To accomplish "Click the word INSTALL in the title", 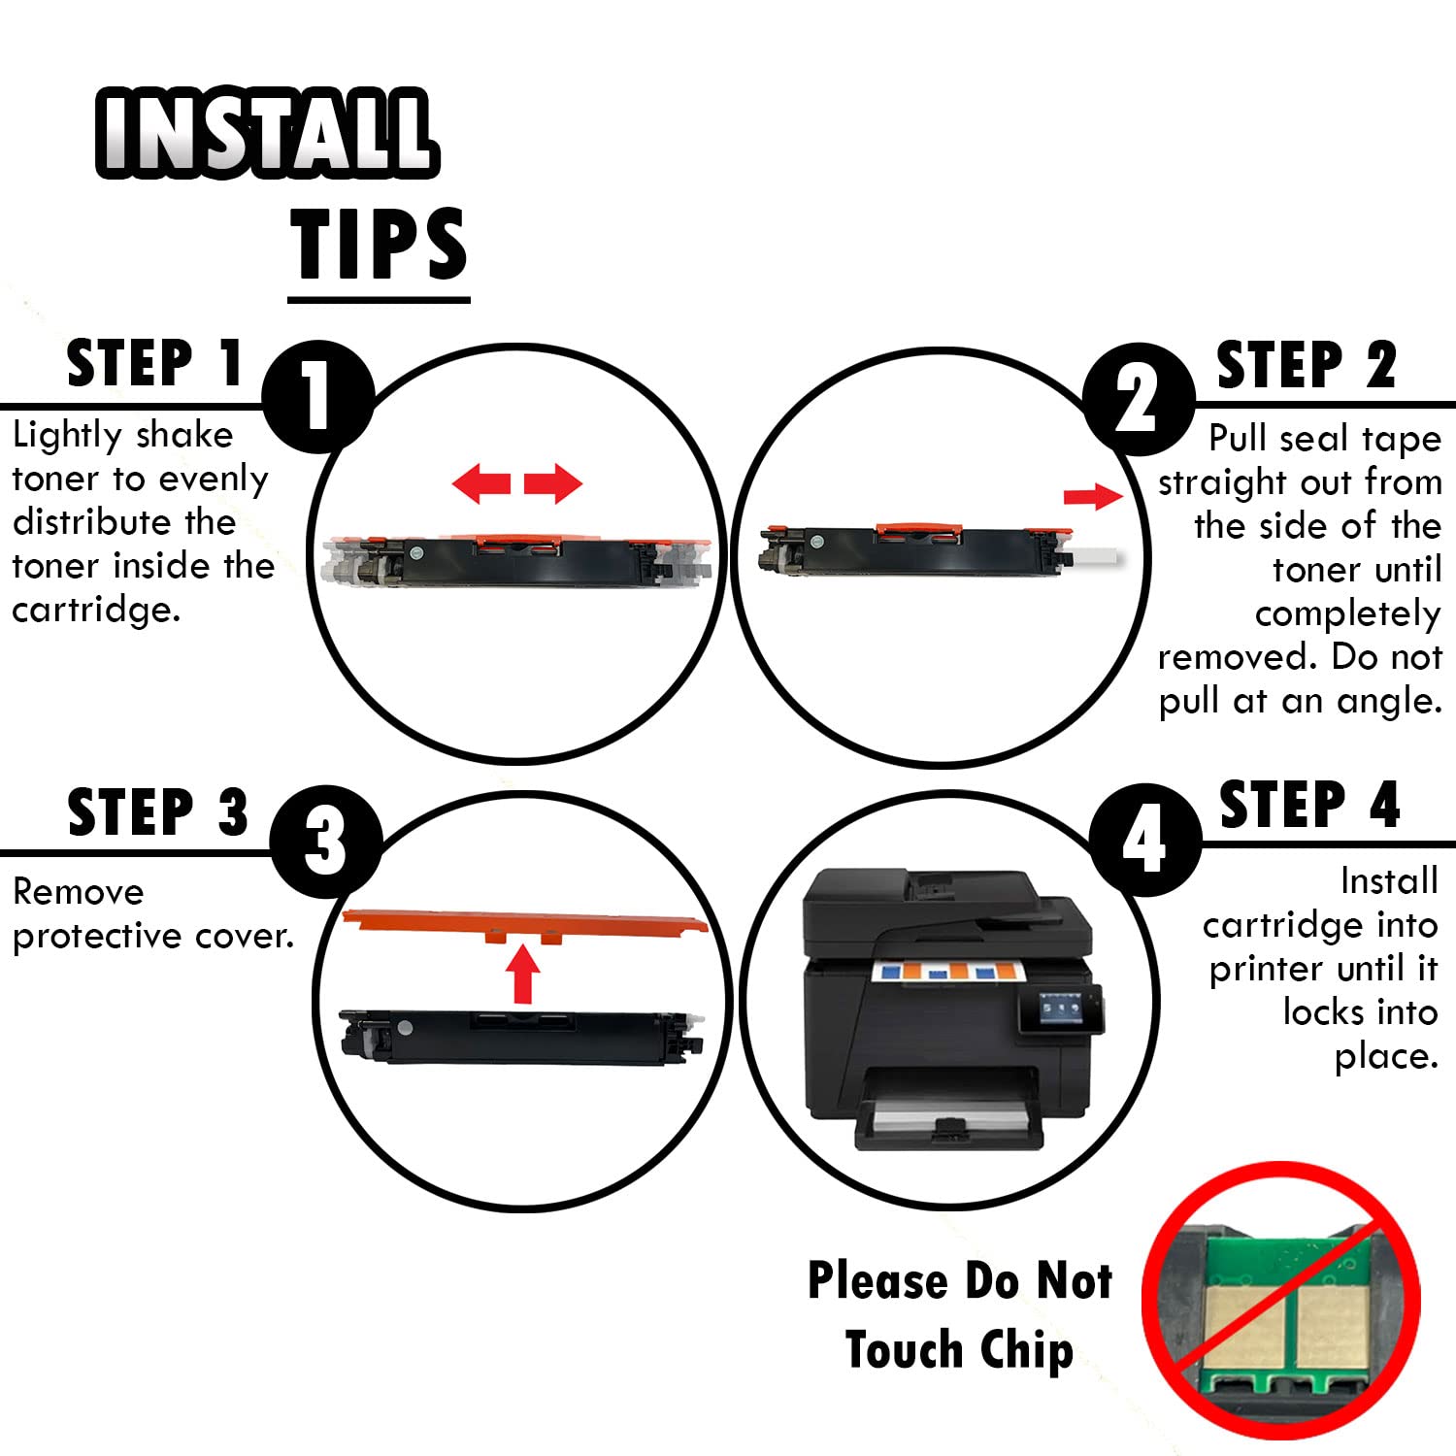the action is [267, 133].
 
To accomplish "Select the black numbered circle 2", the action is [1138, 398].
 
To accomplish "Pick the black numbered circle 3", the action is [325, 841].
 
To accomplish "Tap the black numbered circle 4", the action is [1145, 841].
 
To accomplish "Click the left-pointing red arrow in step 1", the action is [481, 482].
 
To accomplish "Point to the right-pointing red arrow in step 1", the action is [553, 482].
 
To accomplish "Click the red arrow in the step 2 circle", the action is [1093, 496].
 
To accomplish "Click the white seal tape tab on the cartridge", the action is [1092, 558].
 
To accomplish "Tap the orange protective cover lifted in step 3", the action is [525, 926].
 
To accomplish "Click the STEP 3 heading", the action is [158, 812].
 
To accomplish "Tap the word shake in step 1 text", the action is [185, 434].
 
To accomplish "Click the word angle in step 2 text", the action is [1389, 701].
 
